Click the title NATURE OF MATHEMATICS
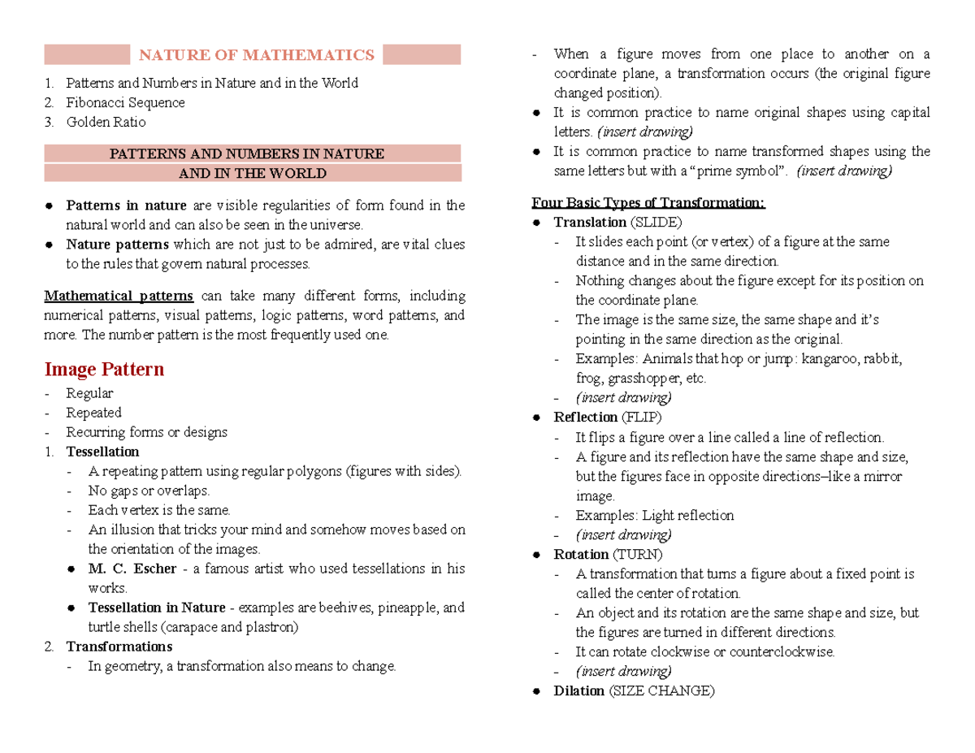257,55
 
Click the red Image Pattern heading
104,370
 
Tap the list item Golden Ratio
106,122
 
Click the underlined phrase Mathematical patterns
119,296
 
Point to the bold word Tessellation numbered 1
102,452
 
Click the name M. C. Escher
132,569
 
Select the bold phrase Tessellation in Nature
158,608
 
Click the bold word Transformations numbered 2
119,647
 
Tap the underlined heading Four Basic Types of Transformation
648,203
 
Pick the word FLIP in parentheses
641,418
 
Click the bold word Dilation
580,690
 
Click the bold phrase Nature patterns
118,244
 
